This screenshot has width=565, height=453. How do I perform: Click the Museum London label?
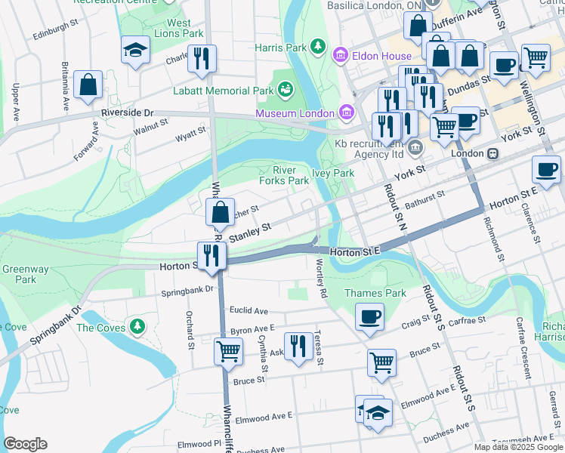[294, 113]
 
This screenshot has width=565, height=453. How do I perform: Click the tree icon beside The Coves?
[137, 327]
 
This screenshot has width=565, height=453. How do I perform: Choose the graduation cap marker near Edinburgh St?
[135, 51]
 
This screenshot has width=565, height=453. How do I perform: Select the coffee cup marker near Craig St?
[369, 316]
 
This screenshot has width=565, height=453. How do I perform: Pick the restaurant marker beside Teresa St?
[299, 347]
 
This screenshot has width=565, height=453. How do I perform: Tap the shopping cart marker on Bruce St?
[382, 362]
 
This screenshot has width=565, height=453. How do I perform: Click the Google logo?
[25, 444]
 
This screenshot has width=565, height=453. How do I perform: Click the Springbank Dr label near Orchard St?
[187, 290]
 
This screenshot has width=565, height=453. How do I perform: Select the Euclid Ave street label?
[249, 310]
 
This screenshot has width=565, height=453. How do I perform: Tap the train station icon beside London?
[492, 153]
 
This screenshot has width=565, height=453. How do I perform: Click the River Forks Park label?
[284, 175]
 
